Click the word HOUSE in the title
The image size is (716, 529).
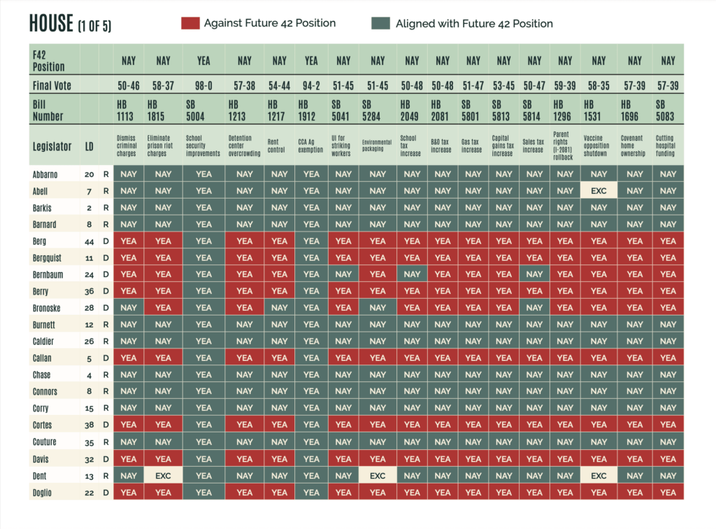pos(51,23)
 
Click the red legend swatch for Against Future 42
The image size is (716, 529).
pos(189,24)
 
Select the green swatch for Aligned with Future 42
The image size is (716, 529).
pos(380,24)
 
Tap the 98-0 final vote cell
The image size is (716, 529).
pos(203,85)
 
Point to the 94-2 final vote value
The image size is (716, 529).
pos(311,85)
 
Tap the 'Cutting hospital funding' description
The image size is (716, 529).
pos(668,146)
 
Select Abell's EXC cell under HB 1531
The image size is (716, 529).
pos(599,191)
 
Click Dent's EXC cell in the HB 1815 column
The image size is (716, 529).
pos(163,475)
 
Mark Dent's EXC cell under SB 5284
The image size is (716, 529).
pos(378,475)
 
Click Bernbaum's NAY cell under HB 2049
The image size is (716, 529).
pos(412,274)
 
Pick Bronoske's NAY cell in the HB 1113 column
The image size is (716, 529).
pos(129,308)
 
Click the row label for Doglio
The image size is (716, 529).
pos(43,492)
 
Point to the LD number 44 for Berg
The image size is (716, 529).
pos(89,241)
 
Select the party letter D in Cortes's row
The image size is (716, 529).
pos(106,425)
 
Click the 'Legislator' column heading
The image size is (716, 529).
pos(52,146)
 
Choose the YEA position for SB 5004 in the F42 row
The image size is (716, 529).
pos(203,61)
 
